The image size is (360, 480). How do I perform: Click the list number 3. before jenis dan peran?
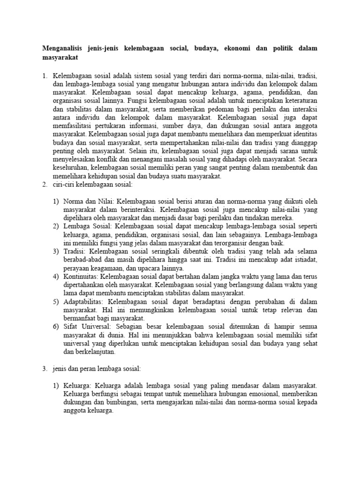(45, 370)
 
